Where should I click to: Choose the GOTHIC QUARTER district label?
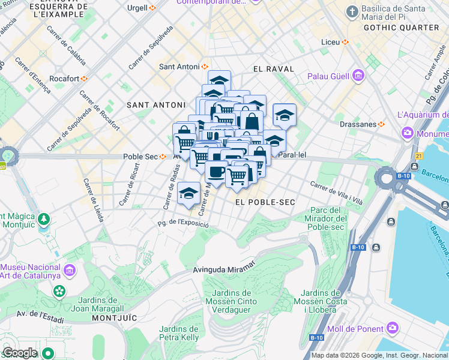pyautogui.click(x=401, y=28)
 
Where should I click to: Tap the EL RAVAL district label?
pyautogui.click(x=274, y=69)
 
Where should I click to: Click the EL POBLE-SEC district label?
pyautogui.click(x=265, y=202)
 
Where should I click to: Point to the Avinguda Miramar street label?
pyautogui.click(x=224, y=269)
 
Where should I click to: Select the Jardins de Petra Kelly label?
pyautogui.click(x=179, y=333)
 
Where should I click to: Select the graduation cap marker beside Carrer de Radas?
pyautogui.click(x=188, y=194)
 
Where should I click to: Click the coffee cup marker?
pyautogui.click(x=216, y=172)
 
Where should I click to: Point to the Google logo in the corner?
pyautogui.click(x=19, y=353)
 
